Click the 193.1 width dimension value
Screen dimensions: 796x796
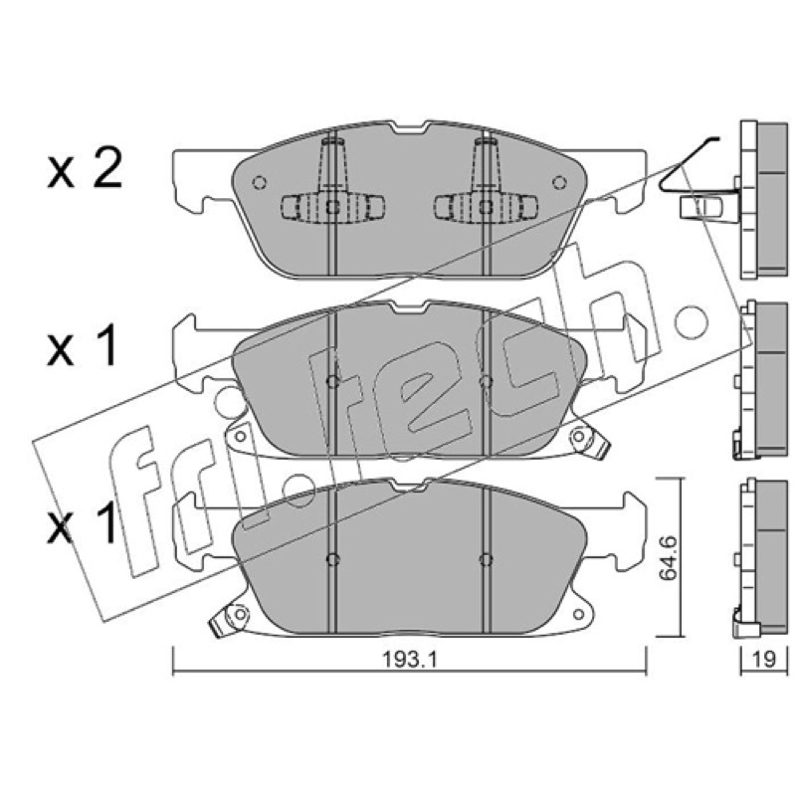point(409,660)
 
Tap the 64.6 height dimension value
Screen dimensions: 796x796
point(669,557)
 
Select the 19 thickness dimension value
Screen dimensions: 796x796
point(764,660)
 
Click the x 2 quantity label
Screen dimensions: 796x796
point(85,167)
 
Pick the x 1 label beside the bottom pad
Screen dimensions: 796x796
point(83,524)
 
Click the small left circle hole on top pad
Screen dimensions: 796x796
point(260,182)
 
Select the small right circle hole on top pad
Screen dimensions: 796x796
point(559,182)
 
